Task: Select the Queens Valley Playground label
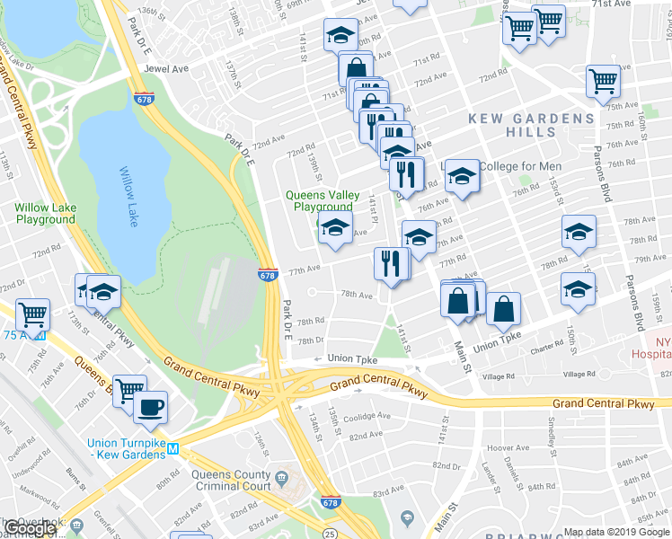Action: click(x=319, y=200)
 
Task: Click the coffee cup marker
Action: click(x=150, y=407)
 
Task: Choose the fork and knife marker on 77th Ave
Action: click(x=391, y=263)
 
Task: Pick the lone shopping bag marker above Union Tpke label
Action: click(x=504, y=308)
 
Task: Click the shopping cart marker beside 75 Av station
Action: click(x=33, y=314)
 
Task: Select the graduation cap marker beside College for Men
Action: click(x=462, y=175)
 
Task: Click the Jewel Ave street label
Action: click(x=168, y=67)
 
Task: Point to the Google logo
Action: click(x=31, y=529)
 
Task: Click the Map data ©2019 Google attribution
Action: click(x=616, y=532)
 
